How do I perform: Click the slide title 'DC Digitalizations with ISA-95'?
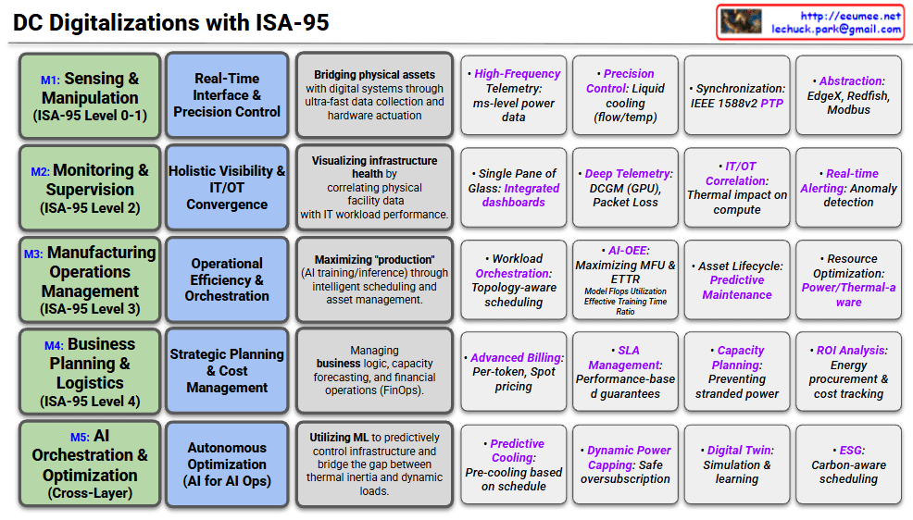(171, 22)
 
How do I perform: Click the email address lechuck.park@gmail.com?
(836, 29)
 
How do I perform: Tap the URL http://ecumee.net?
(850, 16)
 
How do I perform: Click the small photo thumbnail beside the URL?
(741, 21)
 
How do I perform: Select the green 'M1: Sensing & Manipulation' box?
(90, 96)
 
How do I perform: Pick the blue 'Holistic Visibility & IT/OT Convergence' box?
(226, 188)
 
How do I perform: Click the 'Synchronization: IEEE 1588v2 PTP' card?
(737, 96)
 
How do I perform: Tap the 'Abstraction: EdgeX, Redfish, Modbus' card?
(848, 96)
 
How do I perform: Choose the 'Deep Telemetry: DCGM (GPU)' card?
(625, 188)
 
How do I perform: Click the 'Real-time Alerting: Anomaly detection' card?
(848, 188)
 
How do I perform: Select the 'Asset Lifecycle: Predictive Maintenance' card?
(737, 279)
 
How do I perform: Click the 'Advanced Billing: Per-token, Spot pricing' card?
(514, 371)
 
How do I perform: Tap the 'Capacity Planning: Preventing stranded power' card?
(737, 371)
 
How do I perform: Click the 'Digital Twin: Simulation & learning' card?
(737, 464)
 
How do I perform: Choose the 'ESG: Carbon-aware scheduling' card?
(848, 464)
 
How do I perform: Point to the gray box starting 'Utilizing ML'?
(374, 464)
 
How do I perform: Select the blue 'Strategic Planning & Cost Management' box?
(226, 371)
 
